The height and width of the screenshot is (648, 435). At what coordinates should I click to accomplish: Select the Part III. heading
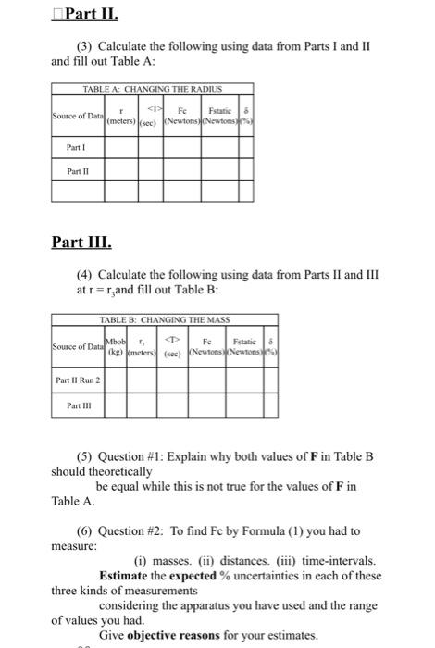tap(82, 243)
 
